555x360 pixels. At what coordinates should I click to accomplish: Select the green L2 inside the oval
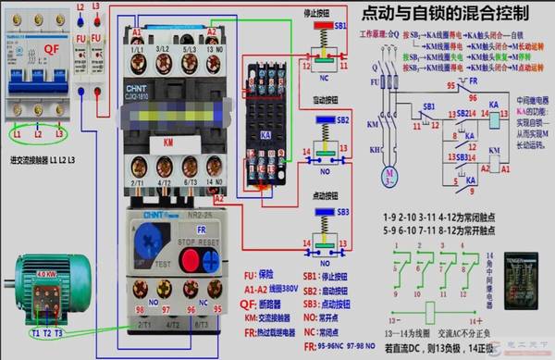click(x=38, y=135)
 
